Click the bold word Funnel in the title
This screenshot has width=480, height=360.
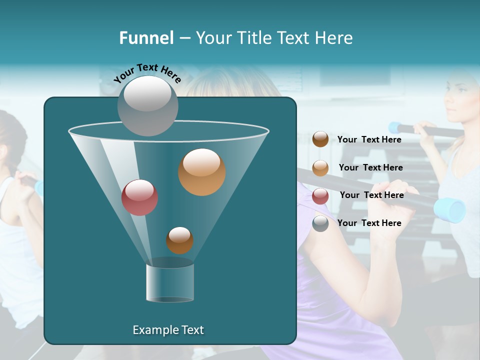146,38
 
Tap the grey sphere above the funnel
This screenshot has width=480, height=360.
147,105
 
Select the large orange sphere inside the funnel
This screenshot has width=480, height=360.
201,171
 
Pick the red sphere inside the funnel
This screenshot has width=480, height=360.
139,197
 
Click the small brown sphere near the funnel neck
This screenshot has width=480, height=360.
179,240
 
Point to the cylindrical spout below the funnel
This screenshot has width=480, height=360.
170,282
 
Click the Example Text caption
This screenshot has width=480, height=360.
168,330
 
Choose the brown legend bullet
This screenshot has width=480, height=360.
320,139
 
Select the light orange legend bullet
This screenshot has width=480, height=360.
320,168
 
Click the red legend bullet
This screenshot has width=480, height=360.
320,196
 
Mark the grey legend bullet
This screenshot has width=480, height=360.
320,223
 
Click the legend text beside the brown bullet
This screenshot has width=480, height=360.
369,139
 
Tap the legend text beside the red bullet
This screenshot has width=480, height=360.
371,195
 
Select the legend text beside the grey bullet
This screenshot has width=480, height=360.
369,223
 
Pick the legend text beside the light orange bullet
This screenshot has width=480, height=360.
370,167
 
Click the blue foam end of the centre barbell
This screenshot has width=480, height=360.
449,209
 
